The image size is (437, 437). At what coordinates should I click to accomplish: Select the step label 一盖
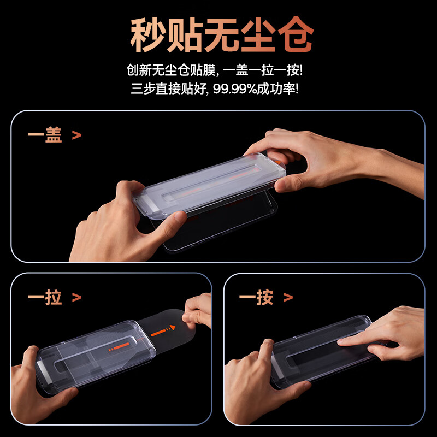45,135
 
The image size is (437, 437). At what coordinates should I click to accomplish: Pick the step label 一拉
45,298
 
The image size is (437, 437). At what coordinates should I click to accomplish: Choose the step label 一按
256,298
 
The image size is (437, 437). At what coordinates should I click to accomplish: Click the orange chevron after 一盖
76,135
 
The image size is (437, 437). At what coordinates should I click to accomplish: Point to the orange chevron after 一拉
76,298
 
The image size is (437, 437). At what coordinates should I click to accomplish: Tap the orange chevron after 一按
288,298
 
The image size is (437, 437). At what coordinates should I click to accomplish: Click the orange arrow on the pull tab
163,331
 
